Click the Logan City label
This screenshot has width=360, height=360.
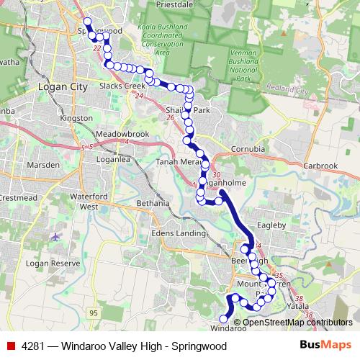[61, 86]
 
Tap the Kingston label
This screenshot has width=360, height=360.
[77, 117]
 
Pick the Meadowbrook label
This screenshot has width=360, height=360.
[102, 134]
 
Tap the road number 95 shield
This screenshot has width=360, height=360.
[94, 312]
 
